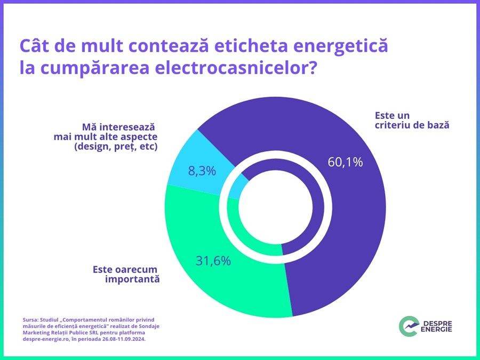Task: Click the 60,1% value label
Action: (x=345, y=162)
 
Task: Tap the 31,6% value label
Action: (x=213, y=261)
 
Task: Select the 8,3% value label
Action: (x=202, y=171)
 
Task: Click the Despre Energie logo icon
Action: (x=409, y=325)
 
